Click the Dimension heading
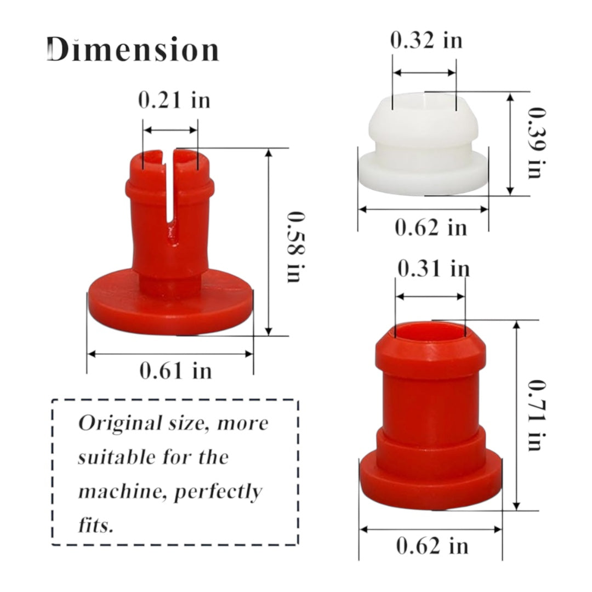click(133, 49)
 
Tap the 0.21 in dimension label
click(174, 100)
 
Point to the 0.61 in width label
click(175, 371)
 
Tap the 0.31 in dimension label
click(434, 269)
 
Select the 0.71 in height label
click(537, 415)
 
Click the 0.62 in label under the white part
click(431, 227)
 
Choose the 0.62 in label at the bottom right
click(432, 546)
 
